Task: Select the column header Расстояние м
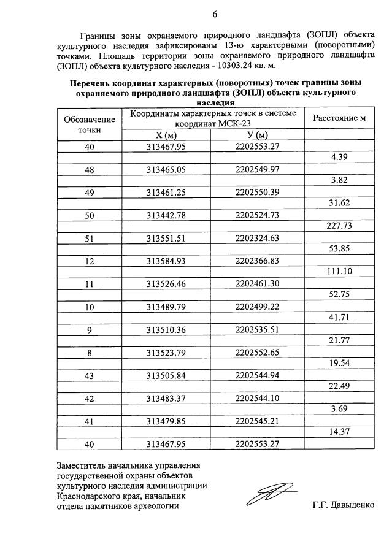(339, 118)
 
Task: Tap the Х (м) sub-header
(166, 135)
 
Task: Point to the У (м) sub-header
(258, 135)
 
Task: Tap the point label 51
(90, 237)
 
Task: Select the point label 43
(90, 374)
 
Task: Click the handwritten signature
(274, 494)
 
